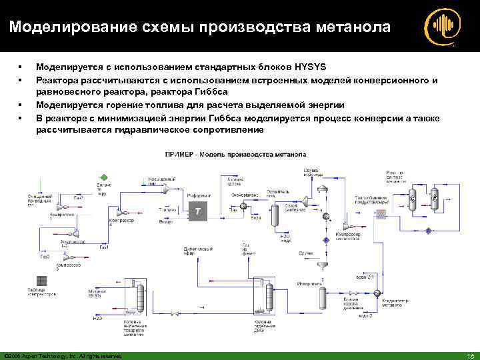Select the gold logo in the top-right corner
tap(441, 27)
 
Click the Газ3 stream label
tap(45, 256)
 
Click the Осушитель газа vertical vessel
tap(275, 215)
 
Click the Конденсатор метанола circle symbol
tap(377, 293)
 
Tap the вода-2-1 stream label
tap(367, 276)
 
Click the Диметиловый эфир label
tap(195, 250)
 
